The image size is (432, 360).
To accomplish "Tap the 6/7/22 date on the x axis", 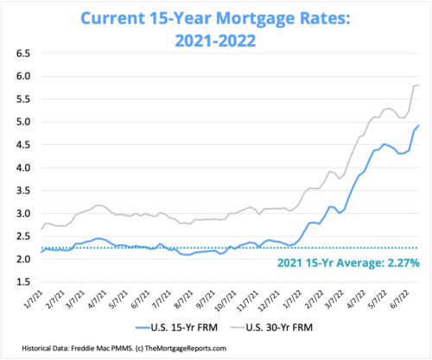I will (x=403, y=302).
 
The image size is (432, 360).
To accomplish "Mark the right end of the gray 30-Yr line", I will (x=420, y=85).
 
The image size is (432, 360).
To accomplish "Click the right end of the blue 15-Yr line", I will (x=420, y=126).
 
